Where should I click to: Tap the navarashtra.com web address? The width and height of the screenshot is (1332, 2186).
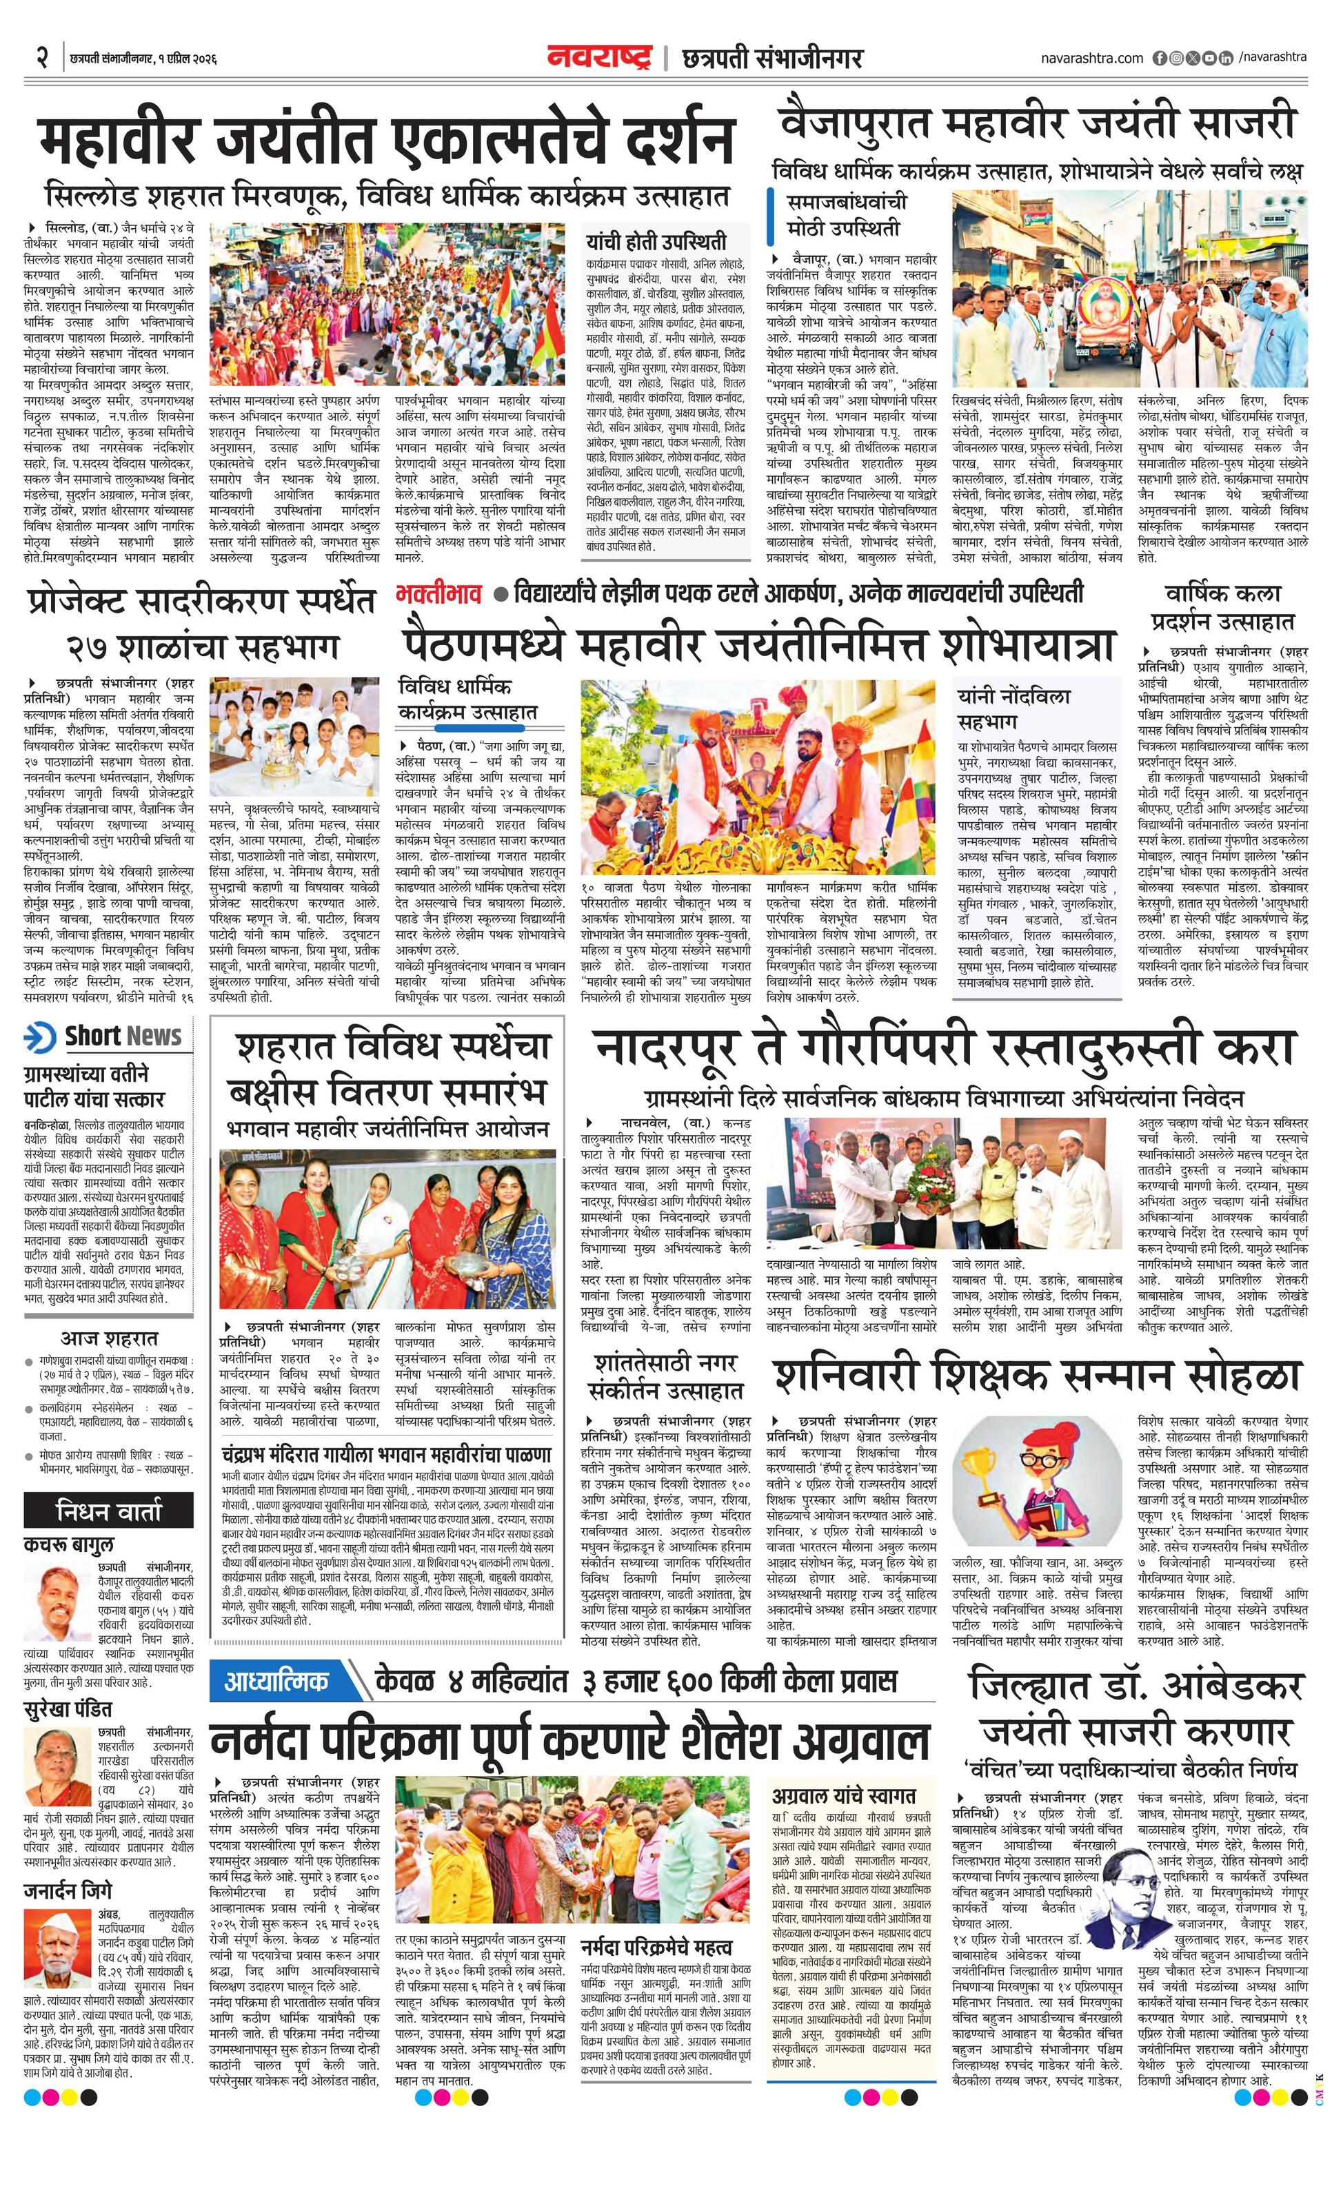pyautogui.click(x=1091, y=59)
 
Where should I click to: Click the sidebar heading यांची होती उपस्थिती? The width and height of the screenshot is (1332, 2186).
pyautogui.click(x=656, y=241)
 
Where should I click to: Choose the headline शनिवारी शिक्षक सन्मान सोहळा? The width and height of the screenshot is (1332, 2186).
pyautogui.click(x=1036, y=1374)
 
